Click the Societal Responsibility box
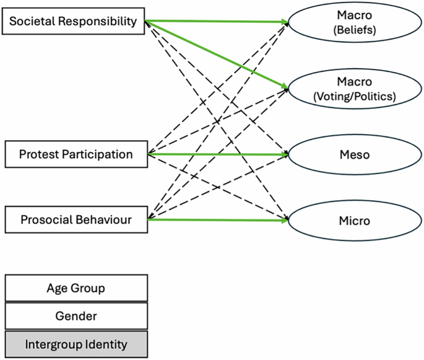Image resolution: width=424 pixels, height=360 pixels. click(73, 22)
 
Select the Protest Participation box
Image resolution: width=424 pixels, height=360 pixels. click(76, 154)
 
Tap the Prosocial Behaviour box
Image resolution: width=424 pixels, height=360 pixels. click(76, 219)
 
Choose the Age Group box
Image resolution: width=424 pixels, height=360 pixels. click(76, 288)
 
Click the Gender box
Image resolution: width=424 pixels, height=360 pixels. click(76, 316)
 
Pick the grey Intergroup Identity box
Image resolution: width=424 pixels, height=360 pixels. click(76, 344)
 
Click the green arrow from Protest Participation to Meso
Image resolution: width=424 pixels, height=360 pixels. click(217, 154)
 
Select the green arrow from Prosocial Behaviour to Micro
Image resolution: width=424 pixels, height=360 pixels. click(217, 219)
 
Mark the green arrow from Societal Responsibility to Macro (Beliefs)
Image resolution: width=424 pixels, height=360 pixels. click(217, 22)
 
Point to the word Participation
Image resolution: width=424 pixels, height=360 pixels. click(100, 154)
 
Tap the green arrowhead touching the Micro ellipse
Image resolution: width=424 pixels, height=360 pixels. click(285, 220)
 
